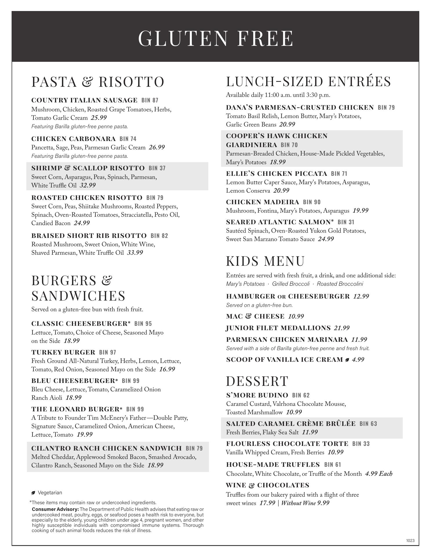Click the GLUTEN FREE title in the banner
pos(216,38)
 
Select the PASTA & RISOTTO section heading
pos(98,82)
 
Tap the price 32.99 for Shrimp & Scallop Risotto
pos(88,185)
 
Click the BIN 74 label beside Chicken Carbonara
pos(128,139)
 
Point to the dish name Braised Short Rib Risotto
pos(89,236)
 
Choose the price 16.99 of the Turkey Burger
pos(167,369)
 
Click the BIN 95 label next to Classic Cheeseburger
pos(143,324)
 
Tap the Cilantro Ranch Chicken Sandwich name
pos(106,449)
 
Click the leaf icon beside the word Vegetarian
pos(33,493)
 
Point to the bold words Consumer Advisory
pos(55,509)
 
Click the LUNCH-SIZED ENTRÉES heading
pos(308,82)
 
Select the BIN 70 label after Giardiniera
pos(289,145)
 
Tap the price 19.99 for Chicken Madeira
pos(360,211)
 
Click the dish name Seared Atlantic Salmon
pos(280,222)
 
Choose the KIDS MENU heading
pos(265,261)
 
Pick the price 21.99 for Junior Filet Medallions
pos(342,328)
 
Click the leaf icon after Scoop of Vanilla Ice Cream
pos(347,360)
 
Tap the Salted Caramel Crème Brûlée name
pos(291,424)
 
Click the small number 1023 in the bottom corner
pos(410,540)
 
